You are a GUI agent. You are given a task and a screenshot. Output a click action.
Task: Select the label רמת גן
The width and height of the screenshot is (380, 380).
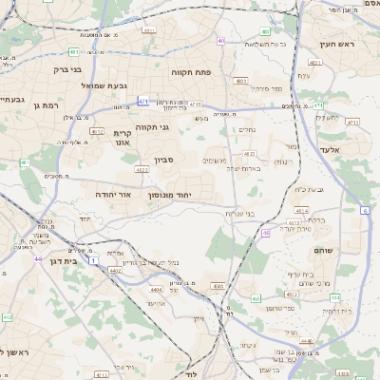coord(46,105)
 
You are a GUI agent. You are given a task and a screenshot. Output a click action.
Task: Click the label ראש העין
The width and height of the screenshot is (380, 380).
coord(335,44)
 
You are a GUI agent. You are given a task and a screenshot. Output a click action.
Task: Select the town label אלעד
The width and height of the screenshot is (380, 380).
coord(355,150)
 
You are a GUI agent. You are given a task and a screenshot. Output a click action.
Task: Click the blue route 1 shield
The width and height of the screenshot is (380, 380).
coord(93,259)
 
